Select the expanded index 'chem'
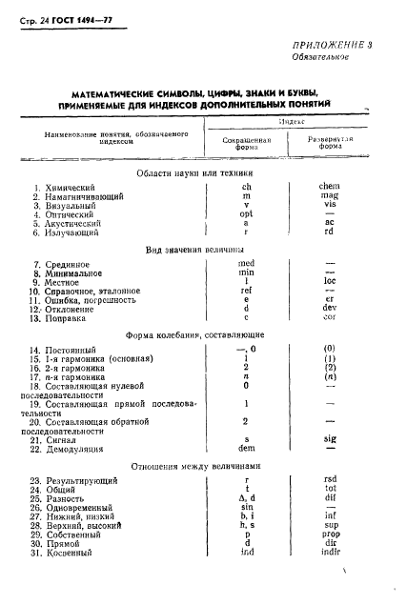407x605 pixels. click(331, 187)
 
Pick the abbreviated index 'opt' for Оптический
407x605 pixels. click(247, 215)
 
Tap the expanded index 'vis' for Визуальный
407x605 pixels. click(331, 206)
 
